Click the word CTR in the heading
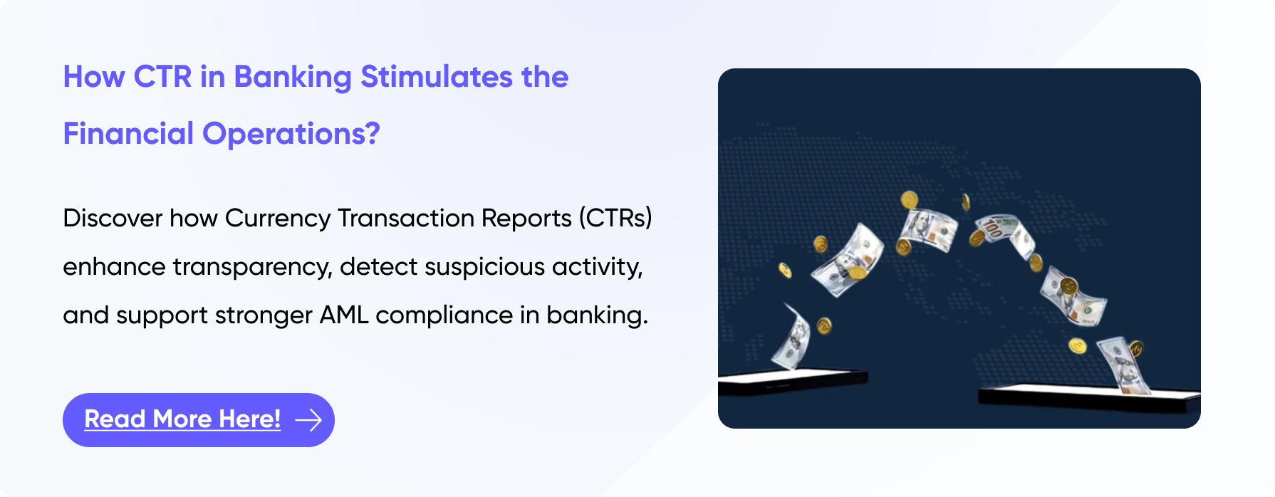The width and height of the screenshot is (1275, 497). point(162,77)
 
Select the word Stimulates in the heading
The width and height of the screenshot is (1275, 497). point(437,77)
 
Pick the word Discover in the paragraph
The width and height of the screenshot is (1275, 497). point(113,218)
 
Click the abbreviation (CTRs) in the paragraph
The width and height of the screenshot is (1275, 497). point(615,218)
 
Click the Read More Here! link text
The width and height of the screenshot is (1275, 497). point(182,419)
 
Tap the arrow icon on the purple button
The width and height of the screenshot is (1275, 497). point(308,420)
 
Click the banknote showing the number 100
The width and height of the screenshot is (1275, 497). point(1004,234)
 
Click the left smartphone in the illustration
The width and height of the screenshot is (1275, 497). point(792,382)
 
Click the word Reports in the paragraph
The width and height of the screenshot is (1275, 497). point(526,219)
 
